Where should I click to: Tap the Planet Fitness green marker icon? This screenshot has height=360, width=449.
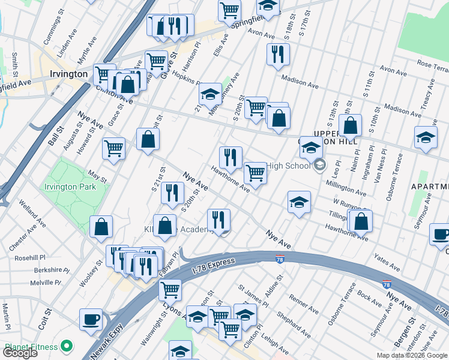click(67, 346)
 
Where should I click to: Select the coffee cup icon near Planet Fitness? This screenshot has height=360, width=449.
click(91, 320)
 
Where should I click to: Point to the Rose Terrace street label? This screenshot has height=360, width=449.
click(433, 64)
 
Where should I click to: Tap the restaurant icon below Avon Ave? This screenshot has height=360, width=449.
click(277, 54)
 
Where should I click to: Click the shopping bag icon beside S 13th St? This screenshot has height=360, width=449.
click(351, 127)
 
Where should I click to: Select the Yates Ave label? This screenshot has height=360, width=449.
click(387, 262)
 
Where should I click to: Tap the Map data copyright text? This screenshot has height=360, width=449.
click(412, 355)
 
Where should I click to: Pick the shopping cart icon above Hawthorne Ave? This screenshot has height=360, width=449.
click(256, 173)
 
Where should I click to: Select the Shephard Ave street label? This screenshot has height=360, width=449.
click(294, 323)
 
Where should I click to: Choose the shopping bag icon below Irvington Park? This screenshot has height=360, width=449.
click(101, 227)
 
